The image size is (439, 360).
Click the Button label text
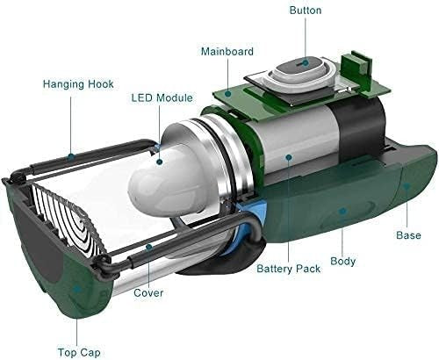coord(306,11)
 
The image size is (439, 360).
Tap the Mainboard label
coord(227,52)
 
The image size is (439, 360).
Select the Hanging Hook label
coord(78,84)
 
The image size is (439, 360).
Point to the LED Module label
coord(162,97)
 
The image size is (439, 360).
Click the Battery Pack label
coord(289,269)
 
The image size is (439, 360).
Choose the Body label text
coord(343,261)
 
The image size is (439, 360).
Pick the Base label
coord(408,235)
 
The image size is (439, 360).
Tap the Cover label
coord(148,293)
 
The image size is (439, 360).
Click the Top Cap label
coord(79,353)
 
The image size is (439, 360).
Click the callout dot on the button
coord(306,62)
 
